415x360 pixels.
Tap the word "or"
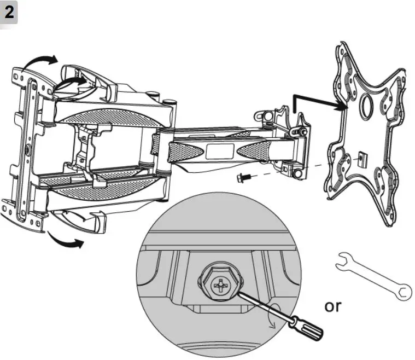(332, 306)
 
